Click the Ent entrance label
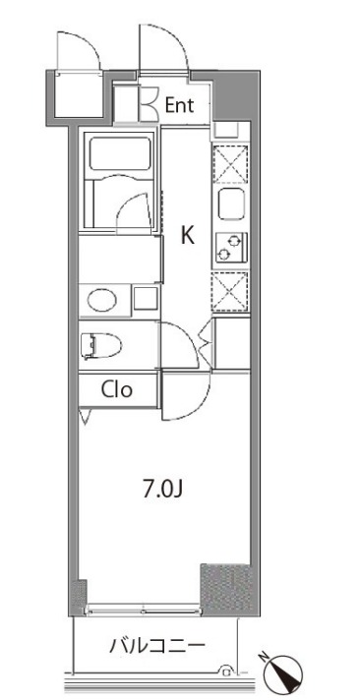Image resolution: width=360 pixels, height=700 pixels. [180, 105]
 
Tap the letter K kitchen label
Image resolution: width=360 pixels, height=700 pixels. [188, 235]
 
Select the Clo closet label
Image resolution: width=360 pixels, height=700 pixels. [117, 389]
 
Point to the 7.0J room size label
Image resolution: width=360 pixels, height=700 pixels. [163, 490]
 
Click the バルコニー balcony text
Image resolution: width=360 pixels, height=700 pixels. [157, 646]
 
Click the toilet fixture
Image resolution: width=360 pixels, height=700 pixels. [101, 346]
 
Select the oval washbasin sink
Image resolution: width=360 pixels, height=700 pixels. [102, 300]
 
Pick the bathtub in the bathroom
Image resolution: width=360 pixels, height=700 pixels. [121, 154]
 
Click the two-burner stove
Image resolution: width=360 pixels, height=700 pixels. [231, 248]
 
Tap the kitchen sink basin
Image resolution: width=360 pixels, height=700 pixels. [231, 204]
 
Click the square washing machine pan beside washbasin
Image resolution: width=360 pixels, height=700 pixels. [146, 298]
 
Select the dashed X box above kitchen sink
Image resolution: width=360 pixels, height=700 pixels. [230, 164]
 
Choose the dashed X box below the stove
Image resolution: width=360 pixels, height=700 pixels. [230, 292]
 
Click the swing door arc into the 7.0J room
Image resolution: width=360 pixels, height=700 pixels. [197, 405]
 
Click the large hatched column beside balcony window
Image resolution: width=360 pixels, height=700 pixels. [227, 589]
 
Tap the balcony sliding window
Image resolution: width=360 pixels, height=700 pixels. [144, 609]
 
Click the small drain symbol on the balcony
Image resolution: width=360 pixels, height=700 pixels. [227, 671]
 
